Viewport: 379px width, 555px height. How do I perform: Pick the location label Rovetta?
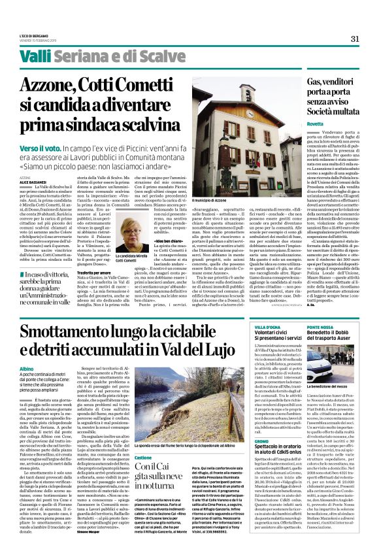[x=297, y=123]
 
